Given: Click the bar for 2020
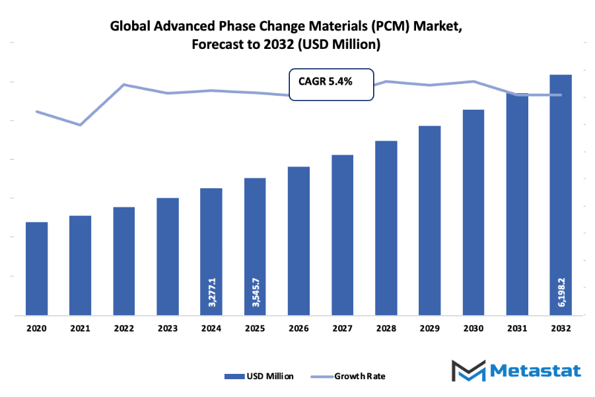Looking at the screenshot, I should click(36, 269).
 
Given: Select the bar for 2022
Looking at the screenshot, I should click(123, 261).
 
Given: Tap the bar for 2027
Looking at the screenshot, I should click(342, 235).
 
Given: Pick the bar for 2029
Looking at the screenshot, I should click(429, 221).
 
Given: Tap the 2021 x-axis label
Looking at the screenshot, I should click(80, 328).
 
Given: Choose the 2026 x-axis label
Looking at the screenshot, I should click(298, 328).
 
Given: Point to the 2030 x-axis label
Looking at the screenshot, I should click(473, 328).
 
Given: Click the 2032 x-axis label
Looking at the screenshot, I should click(561, 328).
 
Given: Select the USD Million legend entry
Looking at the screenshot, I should click(259, 376).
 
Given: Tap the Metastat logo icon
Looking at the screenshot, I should click(468, 371).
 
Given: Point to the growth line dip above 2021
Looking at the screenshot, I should click(80, 124).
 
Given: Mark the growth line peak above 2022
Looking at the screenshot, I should click(123, 85).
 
